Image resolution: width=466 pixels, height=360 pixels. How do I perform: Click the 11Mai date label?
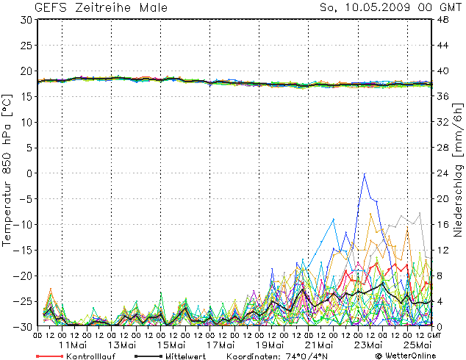(74, 345)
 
